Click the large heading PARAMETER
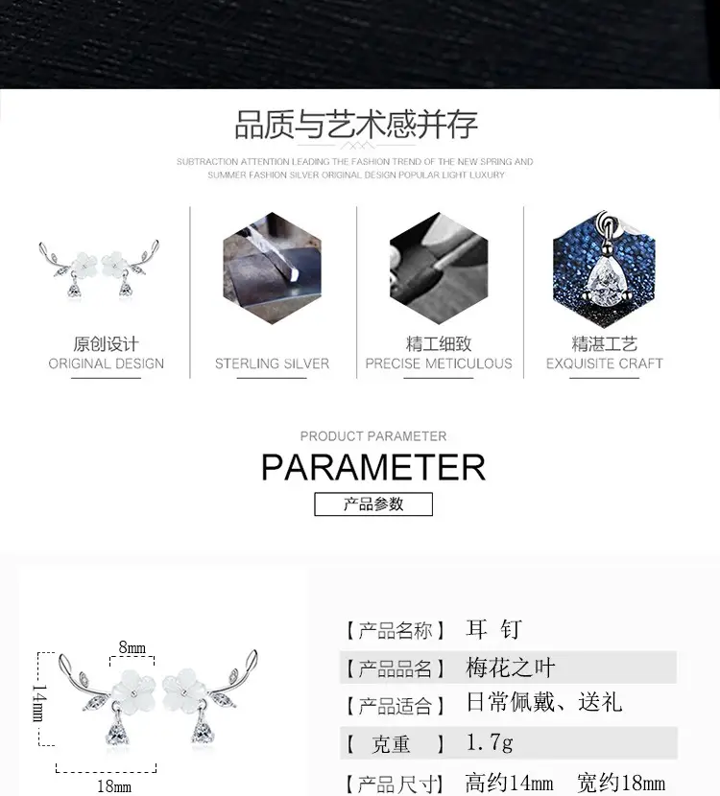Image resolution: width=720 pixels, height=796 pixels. (x=373, y=467)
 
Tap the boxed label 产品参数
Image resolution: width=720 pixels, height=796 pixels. (x=373, y=504)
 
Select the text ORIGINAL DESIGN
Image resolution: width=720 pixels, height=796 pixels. (x=107, y=363)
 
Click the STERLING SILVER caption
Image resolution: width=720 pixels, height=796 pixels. (x=272, y=363)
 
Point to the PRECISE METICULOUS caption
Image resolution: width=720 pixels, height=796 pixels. (x=439, y=363)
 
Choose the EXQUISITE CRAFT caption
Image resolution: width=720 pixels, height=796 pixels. (x=604, y=363)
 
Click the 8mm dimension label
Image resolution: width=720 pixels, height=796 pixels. (x=132, y=647)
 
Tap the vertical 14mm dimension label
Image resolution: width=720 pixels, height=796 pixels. (x=39, y=703)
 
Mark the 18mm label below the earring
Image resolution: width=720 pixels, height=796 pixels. (x=114, y=786)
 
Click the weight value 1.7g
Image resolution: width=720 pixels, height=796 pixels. (x=490, y=742)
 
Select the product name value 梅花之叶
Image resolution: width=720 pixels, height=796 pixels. (x=510, y=667)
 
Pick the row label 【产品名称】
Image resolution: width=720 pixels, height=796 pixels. (x=396, y=630)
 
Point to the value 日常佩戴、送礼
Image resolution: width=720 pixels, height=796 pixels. (x=543, y=703)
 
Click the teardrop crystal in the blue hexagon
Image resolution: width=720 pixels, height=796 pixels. (x=607, y=280)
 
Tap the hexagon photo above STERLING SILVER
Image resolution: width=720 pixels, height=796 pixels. (x=272, y=268)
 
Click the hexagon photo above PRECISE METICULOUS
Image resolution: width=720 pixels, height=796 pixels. (x=439, y=268)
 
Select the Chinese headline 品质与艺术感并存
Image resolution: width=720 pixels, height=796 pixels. (x=356, y=125)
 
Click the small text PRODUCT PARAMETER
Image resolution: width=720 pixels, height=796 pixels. (x=373, y=436)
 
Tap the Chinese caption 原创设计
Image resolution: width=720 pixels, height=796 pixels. (x=107, y=343)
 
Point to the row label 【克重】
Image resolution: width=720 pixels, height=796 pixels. (x=396, y=744)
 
